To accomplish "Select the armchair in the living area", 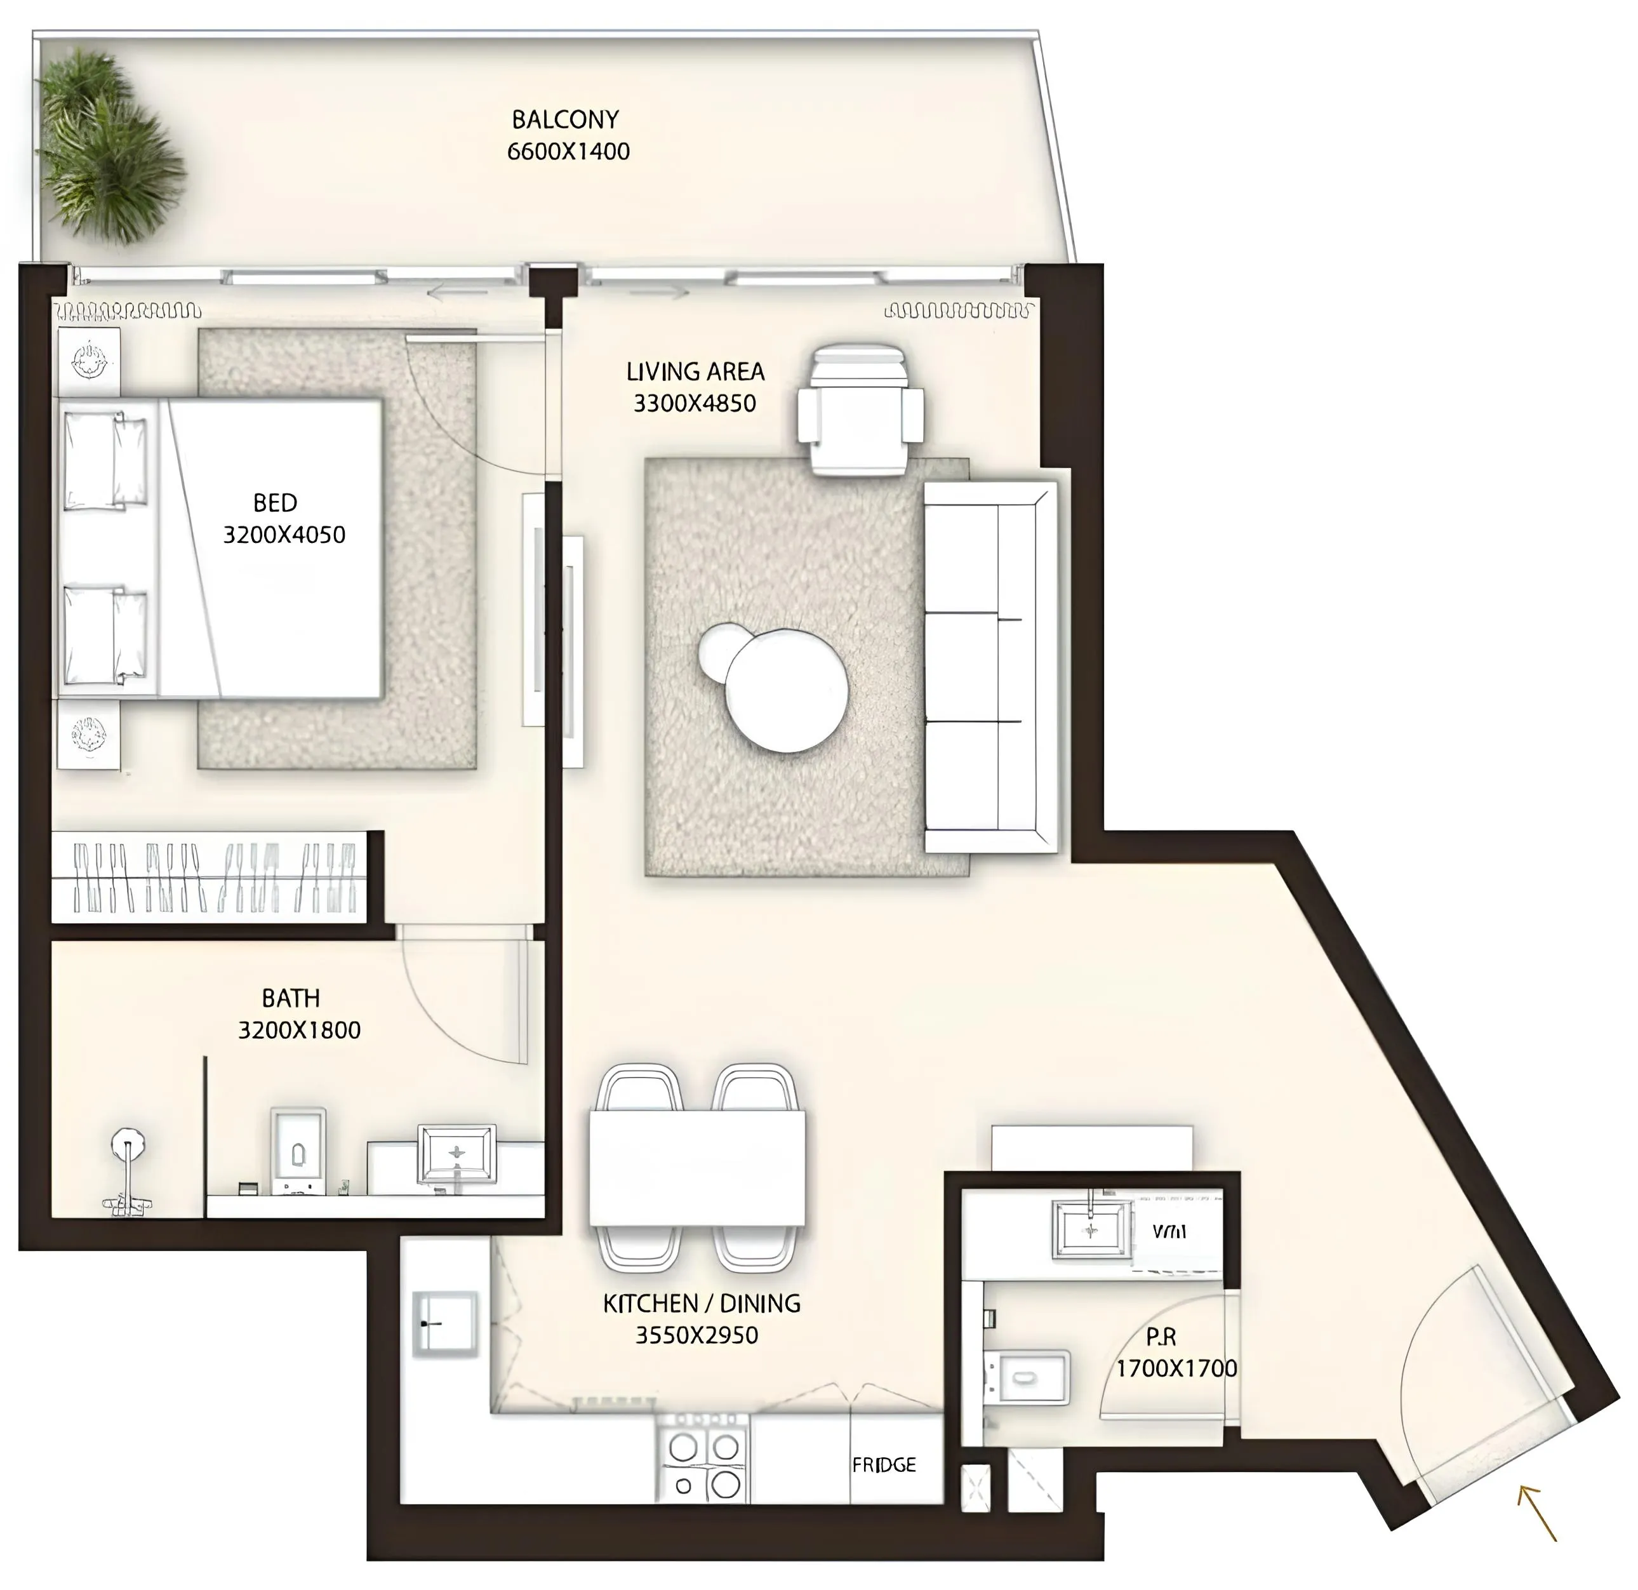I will coord(860,410).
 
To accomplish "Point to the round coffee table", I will coord(785,690).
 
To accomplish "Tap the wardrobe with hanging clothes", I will coord(213,877).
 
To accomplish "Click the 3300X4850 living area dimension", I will coord(695,404).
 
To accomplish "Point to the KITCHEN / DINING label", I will coord(701,1303).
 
